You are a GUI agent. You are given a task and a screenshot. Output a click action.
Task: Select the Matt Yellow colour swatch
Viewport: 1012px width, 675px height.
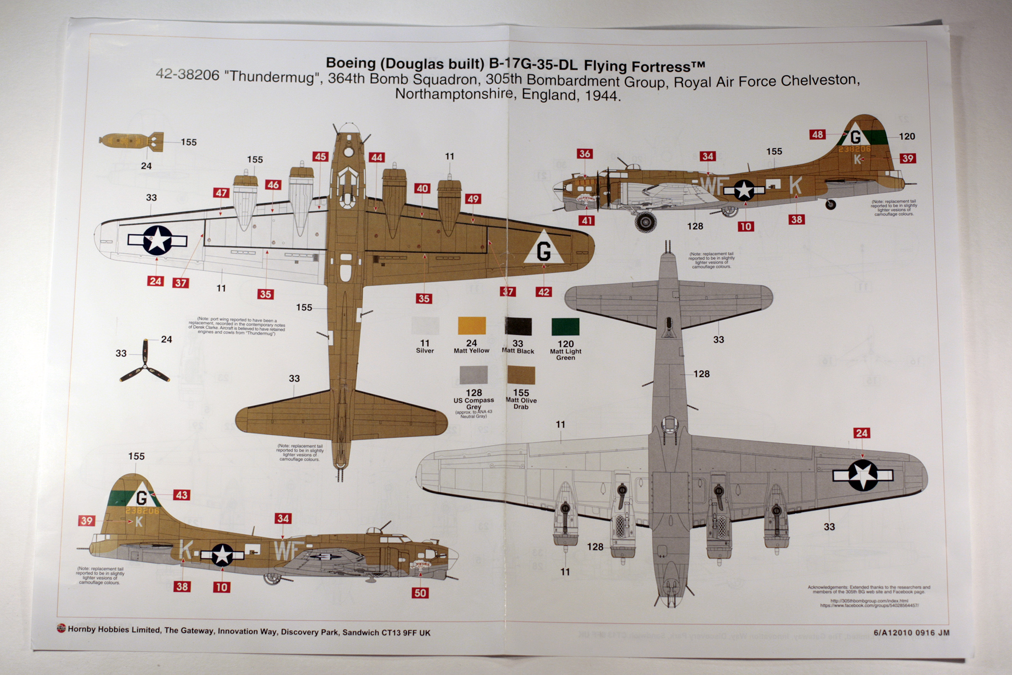(x=471, y=326)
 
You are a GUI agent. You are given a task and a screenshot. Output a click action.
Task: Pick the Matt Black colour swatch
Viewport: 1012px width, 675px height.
(x=518, y=326)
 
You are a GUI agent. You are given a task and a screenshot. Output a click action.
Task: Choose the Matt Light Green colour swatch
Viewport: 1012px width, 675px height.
(x=565, y=327)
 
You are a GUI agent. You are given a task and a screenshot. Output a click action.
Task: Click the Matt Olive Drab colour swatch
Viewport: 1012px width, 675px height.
(x=521, y=375)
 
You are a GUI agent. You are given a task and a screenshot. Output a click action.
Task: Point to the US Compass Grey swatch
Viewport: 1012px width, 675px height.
(x=473, y=375)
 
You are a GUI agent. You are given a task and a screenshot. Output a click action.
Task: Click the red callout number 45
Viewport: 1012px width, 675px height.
(x=320, y=157)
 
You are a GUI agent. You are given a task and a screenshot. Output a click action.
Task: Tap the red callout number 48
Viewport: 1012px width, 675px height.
(x=817, y=135)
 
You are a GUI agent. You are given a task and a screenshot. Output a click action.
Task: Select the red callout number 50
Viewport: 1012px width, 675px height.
(x=420, y=593)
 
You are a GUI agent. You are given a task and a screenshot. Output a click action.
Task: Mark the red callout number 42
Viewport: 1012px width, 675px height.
(x=544, y=292)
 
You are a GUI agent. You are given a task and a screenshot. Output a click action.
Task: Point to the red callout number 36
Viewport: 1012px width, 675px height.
(x=585, y=154)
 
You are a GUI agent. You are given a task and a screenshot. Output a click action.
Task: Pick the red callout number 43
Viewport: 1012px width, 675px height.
(x=181, y=495)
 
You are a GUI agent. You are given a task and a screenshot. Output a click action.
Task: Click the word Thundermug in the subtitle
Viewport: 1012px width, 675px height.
(x=273, y=77)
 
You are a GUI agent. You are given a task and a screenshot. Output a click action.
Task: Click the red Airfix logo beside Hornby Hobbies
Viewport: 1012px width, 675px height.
(x=61, y=628)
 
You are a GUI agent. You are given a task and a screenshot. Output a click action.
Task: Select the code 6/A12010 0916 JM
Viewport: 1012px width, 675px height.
(x=911, y=633)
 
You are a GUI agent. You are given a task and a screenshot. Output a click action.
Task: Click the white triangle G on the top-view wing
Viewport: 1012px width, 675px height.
(x=544, y=248)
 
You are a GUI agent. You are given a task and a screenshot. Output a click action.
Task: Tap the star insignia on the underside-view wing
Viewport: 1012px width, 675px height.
(x=863, y=475)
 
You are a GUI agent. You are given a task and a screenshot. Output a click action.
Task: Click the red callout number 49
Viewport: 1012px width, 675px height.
(x=473, y=199)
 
